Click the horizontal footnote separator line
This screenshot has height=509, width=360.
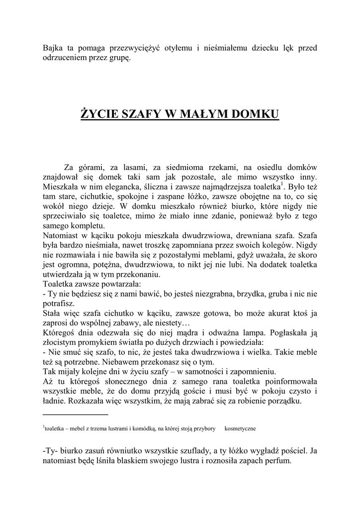pyautogui.click(x=76, y=414)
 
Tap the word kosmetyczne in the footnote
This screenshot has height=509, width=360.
pyautogui.click(x=241, y=428)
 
